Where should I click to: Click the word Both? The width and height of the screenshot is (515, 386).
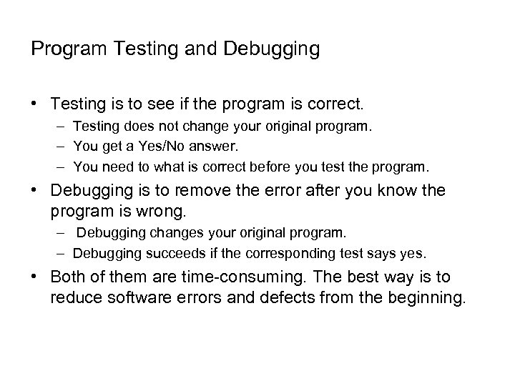(x=68, y=277)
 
